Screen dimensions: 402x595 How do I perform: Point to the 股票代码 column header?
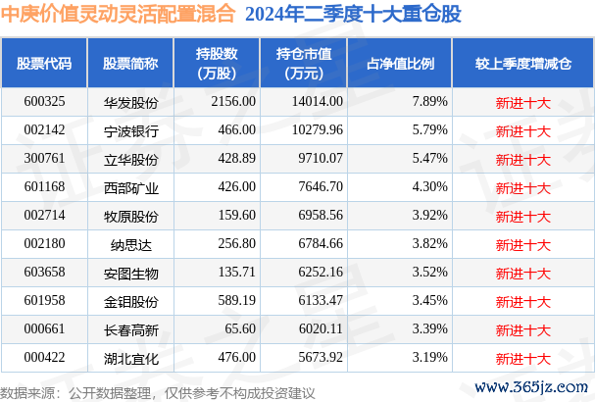click(x=45, y=64)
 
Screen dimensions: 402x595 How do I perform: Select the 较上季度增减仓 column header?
click(x=522, y=64)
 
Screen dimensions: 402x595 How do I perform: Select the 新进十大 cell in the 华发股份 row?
click(x=522, y=101)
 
